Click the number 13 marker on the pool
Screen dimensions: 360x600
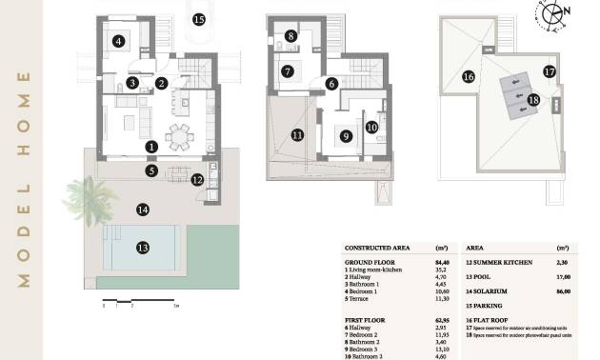coord(143,248)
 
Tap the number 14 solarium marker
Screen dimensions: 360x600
coord(143,209)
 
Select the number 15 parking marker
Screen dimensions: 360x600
coord(198,18)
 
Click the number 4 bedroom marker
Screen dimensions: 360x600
coord(118,41)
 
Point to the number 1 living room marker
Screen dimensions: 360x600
coord(151,147)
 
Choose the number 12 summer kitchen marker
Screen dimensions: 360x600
coord(197,179)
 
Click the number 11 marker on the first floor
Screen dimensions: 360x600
coord(297,135)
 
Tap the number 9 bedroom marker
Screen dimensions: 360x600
coord(346,136)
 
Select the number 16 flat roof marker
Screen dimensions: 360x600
coord(468,76)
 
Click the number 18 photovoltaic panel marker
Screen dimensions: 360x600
coord(533,99)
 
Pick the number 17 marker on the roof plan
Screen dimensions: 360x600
coord(550,70)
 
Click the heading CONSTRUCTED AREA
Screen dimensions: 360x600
coord(375,246)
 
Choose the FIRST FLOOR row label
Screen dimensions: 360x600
coord(366,318)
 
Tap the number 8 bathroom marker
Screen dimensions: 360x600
coord(290,36)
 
